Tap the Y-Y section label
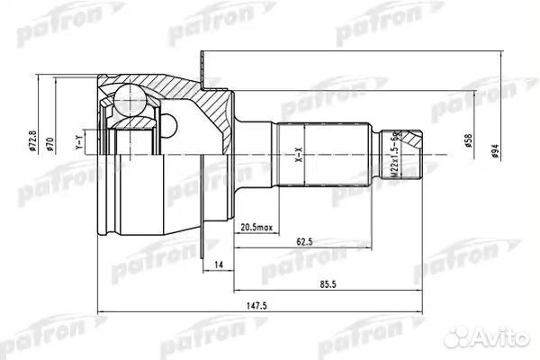coord(79,142)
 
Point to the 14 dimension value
coord(219,264)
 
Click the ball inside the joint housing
coord(127,96)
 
